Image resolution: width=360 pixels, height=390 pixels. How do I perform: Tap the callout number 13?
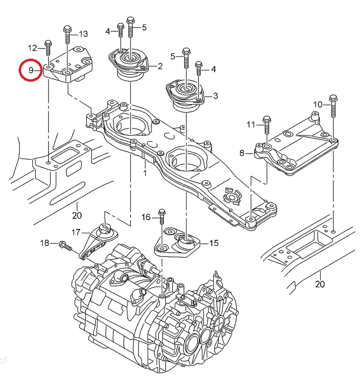coord(83,34)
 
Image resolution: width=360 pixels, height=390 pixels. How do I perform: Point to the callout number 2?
coord(160,66)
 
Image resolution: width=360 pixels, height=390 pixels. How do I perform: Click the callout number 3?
coord(216,96)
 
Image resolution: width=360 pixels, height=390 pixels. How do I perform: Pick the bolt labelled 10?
coord(333,106)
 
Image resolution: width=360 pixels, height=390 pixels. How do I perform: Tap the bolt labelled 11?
coord(267,125)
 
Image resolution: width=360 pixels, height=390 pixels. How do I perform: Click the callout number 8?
coord(242,153)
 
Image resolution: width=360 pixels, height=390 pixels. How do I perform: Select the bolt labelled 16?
coord(162,216)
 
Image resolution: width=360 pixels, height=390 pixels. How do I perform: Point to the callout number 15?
coord(214,243)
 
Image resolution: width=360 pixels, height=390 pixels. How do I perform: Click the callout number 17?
coord(76,232)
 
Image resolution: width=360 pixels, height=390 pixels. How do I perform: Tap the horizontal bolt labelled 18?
coord(66,245)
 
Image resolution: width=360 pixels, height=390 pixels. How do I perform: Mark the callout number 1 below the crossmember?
coord(145,173)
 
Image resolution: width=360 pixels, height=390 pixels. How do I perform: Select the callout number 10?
coord(317,104)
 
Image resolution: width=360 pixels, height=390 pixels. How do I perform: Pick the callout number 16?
coord(146,217)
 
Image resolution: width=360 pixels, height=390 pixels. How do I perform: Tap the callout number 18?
coord(44,243)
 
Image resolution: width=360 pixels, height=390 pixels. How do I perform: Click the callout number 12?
coord(32,48)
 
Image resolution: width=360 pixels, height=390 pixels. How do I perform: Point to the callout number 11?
coord(251,124)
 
